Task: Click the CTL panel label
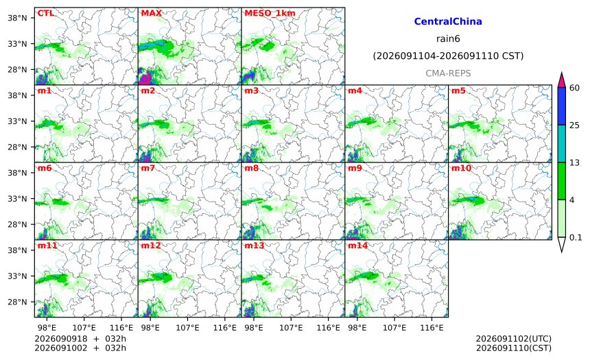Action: [45, 13]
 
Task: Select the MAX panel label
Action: [151, 13]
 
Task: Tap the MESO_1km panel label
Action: [270, 13]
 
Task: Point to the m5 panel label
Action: [458, 91]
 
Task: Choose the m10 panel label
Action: [461, 168]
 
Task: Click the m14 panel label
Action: [357, 245]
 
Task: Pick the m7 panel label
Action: [148, 168]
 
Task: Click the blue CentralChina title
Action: [448, 21]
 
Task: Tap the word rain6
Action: [448, 39]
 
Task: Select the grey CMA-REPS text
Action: [448, 73]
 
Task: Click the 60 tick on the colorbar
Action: [575, 88]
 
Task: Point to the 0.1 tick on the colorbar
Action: [576, 237]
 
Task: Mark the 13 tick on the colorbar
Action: [575, 163]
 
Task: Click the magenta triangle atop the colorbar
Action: [561, 80]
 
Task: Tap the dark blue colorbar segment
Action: [561, 106]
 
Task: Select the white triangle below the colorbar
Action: [561, 244]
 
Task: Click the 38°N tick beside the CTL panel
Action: [17, 18]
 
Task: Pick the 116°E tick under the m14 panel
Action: [432, 328]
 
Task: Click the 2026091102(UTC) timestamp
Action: [514, 339]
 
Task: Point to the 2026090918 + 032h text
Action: [80, 339]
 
